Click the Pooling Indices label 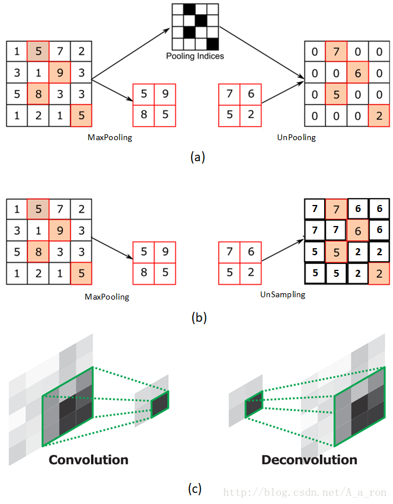coord(195,57)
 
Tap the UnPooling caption coord(297,138)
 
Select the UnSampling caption coord(282,294)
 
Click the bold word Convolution coord(88,460)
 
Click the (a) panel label coord(198,157)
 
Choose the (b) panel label coord(198,318)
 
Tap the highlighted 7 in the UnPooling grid coord(336,53)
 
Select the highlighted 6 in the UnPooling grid coord(357,74)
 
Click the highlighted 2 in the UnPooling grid coord(378,116)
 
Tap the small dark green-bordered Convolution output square coord(160,403)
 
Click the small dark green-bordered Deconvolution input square coord(254,405)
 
